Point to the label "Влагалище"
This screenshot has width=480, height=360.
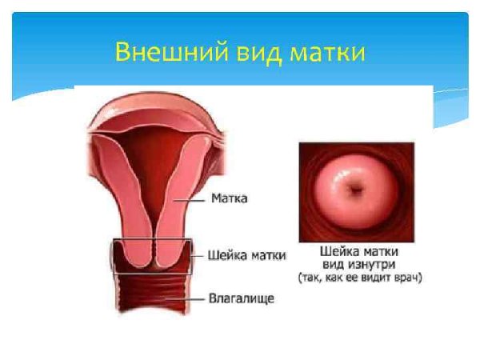pos(242,298)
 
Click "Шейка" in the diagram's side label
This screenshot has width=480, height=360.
pos(226,255)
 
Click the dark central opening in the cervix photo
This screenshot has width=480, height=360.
pos(355,191)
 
